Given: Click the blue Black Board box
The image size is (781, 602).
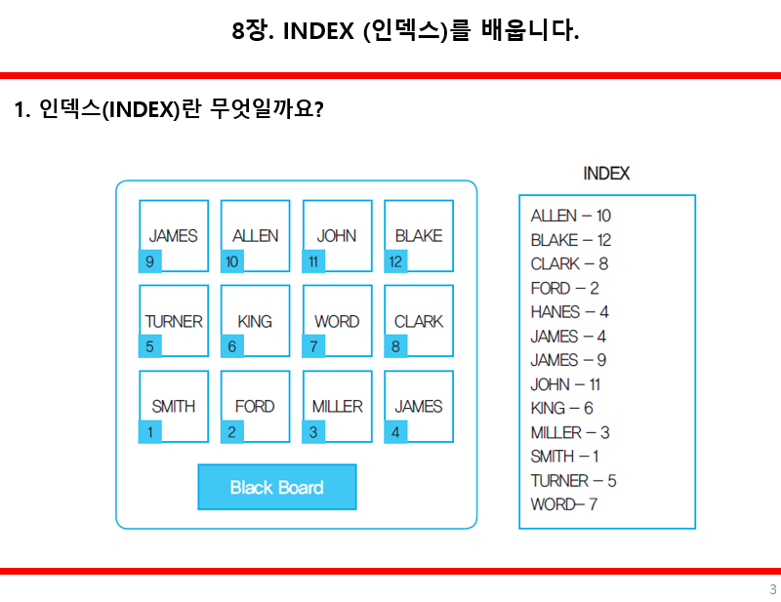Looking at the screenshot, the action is click(276, 487).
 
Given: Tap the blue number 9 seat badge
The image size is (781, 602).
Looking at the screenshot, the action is click(149, 261).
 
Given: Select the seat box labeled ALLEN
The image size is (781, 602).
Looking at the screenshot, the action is click(255, 235).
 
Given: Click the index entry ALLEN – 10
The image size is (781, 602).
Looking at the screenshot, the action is click(570, 216).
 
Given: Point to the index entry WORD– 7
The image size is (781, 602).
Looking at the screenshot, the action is click(563, 504).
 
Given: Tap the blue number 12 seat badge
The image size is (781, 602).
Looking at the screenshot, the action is click(395, 261).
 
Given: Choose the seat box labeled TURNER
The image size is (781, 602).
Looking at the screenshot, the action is click(174, 321).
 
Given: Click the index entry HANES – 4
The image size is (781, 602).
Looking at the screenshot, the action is click(569, 312).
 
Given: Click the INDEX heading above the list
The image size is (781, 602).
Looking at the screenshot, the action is click(606, 174).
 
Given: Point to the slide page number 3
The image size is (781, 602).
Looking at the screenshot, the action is click(772, 589).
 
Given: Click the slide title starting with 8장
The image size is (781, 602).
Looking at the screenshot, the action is click(405, 31).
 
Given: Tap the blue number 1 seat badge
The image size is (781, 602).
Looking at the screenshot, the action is click(149, 432).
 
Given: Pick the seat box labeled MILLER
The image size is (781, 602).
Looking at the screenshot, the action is click(337, 406).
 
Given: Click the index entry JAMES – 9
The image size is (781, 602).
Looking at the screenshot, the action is click(568, 360).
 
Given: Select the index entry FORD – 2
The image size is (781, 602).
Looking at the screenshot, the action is click(564, 288).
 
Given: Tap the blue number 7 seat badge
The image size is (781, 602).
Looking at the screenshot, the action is click(313, 346).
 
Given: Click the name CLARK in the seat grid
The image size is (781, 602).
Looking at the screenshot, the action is click(418, 321).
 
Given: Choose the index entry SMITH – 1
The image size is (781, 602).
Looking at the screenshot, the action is click(564, 457).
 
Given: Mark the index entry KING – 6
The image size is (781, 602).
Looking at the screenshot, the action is click(561, 408).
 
